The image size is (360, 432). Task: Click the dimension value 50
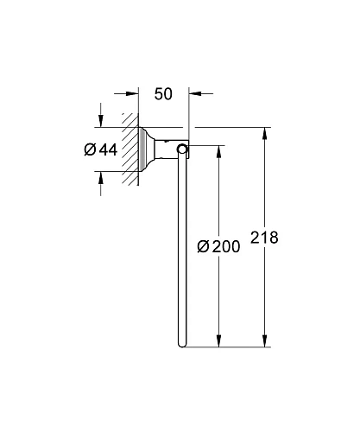(164, 92)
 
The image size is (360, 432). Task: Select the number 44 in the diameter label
(107, 149)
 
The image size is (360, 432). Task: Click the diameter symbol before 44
(89, 149)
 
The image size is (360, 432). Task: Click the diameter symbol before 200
(204, 246)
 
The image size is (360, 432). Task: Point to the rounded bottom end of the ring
(182, 345)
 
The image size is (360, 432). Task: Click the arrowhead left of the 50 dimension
(132, 92)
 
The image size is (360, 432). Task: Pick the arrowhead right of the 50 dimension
(195, 92)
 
